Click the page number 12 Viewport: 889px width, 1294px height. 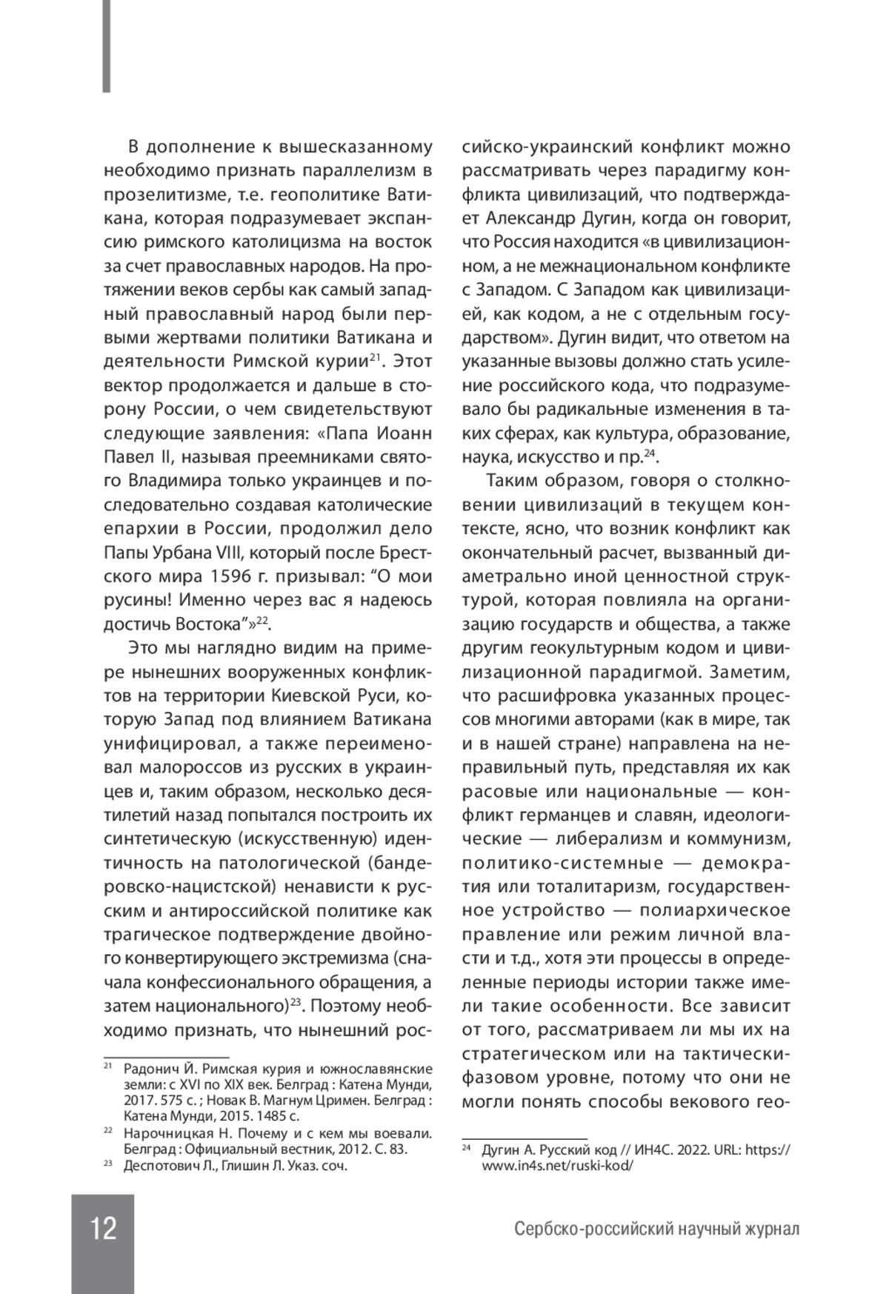(x=103, y=1228)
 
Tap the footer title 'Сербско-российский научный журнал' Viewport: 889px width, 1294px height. (x=657, y=1230)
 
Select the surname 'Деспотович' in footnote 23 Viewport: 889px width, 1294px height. (x=159, y=1166)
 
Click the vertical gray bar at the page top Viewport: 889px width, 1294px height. (x=107, y=46)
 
